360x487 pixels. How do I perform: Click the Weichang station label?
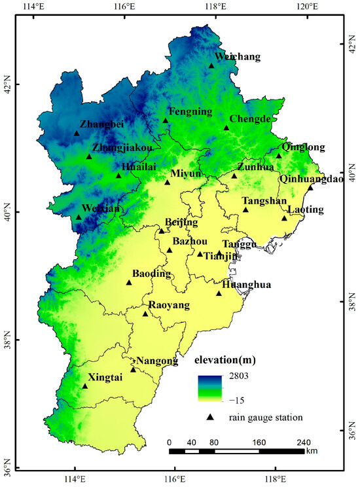coord(237,57)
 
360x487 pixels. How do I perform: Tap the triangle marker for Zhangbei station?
coord(77,133)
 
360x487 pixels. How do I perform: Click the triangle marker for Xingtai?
coord(84,386)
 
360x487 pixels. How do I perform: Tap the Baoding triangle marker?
coord(129,282)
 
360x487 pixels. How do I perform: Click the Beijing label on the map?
coord(181,222)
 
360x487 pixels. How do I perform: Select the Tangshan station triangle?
coord(245,209)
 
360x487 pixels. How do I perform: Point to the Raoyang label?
coord(169,305)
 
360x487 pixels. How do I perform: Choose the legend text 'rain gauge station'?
coord(266,417)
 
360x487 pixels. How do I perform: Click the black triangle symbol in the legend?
coord(211,417)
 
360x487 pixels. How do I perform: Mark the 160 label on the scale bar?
coord(259,442)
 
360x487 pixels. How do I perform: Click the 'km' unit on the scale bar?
coord(312,451)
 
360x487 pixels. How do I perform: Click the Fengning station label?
coord(190,111)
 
